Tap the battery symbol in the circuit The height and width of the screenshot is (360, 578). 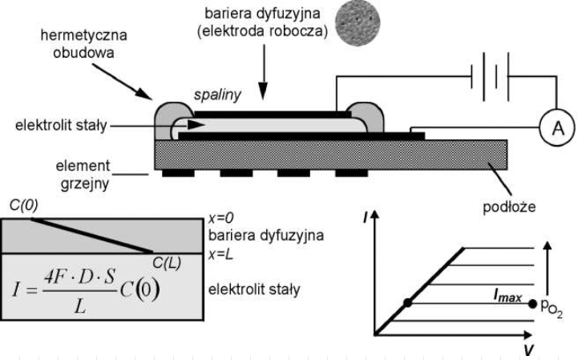tap(490, 77)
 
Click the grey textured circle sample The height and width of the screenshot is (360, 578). tap(358, 23)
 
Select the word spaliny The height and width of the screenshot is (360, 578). tap(217, 95)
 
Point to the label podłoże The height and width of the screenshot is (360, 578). tap(509, 207)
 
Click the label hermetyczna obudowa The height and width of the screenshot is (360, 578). tap(83, 44)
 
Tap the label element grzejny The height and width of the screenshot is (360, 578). tap(83, 175)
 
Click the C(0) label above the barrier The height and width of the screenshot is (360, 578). tap(23, 205)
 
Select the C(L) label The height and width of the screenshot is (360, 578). tap(167, 263)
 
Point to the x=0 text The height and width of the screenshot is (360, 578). tap(220, 218)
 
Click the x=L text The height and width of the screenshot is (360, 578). tap(220, 254)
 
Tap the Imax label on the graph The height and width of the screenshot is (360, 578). tap(507, 297)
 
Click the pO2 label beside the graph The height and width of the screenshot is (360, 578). tap(552, 308)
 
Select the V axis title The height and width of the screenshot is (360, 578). tap(529, 350)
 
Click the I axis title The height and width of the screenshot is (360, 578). tap(365, 218)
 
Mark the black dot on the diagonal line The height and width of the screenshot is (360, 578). tap(407, 303)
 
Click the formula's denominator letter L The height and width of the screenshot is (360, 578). tap(81, 305)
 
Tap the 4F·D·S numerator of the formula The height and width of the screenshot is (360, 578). tap(79, 277)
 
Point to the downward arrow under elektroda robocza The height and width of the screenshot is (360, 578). tap(263, 72)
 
